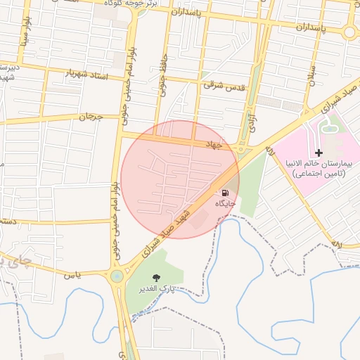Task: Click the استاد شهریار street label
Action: (x=87, y=73)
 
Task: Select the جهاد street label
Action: (x=212, y=144)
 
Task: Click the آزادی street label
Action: (x=250, y=120)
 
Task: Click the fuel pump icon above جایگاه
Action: (x=225, y=193)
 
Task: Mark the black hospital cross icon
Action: (x=319, y=153)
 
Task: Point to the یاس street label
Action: (x=74, y=275)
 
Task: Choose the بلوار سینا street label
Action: (x=26, y=46)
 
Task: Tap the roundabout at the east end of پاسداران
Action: (x=349, y=32)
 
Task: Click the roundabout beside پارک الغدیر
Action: (x=116, y=276)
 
